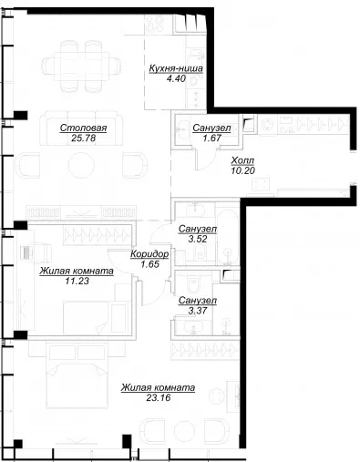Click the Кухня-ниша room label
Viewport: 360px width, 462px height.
(x=176, y=68)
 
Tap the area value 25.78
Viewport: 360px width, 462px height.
(x=83, y=139)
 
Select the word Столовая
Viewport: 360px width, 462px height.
(x=83, y=128)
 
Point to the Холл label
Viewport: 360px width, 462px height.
(x=242, y=160)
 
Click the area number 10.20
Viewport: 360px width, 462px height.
(x=242, y=170)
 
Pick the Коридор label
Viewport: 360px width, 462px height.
(x=149, y=254)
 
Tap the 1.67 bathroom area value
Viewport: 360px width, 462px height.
(x=211, y=139)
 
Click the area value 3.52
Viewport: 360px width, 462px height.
(x=198, y=239)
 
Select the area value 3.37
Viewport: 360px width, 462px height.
(x=198, y=311)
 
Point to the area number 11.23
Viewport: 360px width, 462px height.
(x=77, y=281)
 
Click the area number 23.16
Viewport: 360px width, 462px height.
(x=159, y=397)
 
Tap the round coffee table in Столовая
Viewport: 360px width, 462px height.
(x=81, y=165)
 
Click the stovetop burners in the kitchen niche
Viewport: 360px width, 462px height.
(x=154, y=24)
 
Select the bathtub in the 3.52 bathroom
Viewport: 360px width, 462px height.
(x=227, y=238)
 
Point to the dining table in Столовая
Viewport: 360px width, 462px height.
(x=81, y=66)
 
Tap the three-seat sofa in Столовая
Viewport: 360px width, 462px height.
(x=81, y=128)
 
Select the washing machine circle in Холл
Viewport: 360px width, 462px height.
(x=268, y=125)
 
